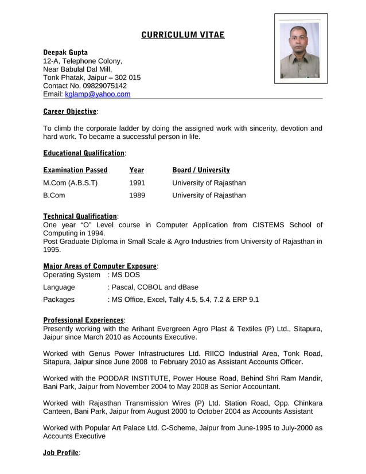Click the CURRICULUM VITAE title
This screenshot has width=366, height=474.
(x=183, y=36)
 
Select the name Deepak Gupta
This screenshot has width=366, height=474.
(x=65, y=52)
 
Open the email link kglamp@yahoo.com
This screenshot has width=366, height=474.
(x=98, y=94)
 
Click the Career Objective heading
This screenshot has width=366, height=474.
(x=70, y=111)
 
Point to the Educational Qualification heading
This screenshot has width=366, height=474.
(x=84, y=153)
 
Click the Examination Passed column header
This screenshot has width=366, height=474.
(x=75, y=170)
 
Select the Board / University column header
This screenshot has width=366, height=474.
(x=201, y=170)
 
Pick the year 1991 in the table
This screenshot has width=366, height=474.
(x=137, y=183)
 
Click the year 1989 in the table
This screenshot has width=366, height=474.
(x=137, y=196)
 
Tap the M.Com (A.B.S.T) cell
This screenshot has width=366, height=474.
(x=71, y=183)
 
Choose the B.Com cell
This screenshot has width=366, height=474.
(x=54, y=196)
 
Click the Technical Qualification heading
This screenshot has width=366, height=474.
(x=80, y=216)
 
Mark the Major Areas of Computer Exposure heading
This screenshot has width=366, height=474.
(x=100, y=266)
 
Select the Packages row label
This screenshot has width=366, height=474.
(x=59, y=300)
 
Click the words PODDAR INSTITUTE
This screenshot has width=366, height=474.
(x=134, y=378)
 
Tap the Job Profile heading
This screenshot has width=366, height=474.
(x=60, y=453)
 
